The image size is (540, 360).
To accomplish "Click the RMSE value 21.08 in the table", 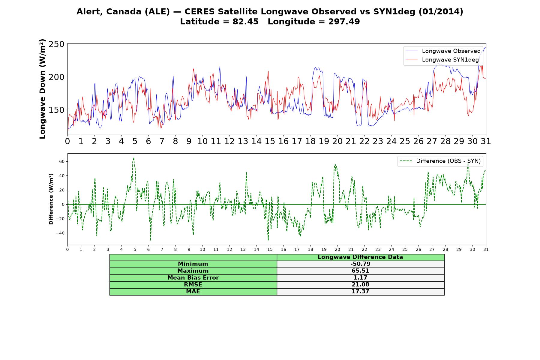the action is click(360, 284).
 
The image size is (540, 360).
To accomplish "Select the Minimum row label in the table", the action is click(193, 264).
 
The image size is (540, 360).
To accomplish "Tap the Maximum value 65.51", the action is click(360, 271).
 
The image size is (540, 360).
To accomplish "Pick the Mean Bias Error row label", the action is click(193, 278).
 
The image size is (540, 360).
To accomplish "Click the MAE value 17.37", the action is click(360, 291).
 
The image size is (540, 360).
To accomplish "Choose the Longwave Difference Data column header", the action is click(360, 257).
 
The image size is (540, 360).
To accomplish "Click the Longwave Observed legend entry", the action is click(443, 51).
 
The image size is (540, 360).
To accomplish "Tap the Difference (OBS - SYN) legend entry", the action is click(440, 161).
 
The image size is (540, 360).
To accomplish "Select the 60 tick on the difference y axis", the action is click(62, 161).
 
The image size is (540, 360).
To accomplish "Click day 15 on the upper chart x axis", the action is click(270, 141).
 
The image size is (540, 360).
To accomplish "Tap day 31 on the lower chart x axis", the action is click(486, 249).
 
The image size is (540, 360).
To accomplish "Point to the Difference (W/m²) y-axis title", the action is click(51, 199).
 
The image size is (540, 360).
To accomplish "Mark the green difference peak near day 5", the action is click(134, 158).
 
